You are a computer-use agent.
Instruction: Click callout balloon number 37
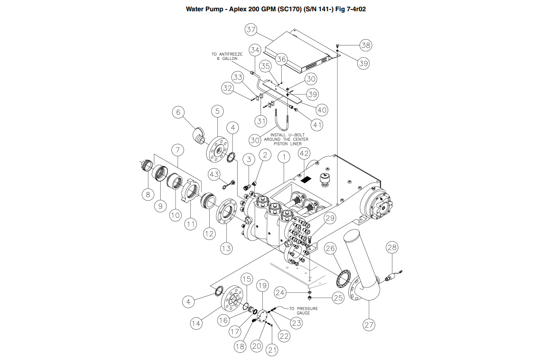(251, 30)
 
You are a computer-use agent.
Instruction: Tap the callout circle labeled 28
(392, 247)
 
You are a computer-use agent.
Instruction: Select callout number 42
(305, 153)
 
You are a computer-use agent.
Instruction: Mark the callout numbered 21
(272, 348)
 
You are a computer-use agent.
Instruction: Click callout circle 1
(283, 157)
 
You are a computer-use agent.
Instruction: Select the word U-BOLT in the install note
(299, 135)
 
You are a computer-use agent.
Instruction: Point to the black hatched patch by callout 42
(306, 179)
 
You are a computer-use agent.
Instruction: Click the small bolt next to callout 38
(337, 45)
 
